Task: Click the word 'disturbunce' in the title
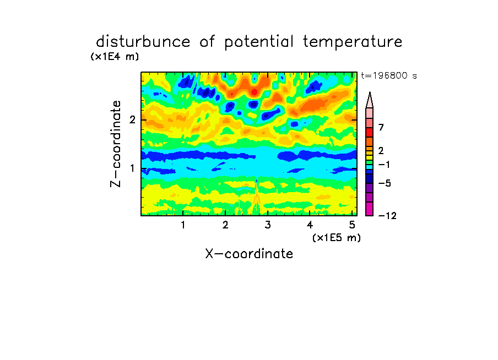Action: point(143,42)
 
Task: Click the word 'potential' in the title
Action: point(258,42)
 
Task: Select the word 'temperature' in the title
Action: point(353,42)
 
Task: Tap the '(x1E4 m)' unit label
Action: point(115,57)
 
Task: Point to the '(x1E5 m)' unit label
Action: point(337,237)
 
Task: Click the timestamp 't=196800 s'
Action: point(389,75)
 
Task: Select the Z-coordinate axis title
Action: point(116,144)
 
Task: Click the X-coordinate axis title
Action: point(249,254)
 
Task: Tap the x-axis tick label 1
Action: point(183,225)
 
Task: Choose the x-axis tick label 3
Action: point(268,225)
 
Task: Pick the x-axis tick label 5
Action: point(352,225)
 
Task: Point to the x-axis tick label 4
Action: point(310,225)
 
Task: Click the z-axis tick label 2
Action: point(132,119)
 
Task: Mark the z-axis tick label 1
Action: point(132,168)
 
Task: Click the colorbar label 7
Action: point(381,127)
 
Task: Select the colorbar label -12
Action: point(387,216)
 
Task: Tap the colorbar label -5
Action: point(385,183)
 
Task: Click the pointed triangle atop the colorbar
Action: point(370,100)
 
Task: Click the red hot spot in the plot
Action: point(254,92)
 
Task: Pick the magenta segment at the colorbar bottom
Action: point(370,209)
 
